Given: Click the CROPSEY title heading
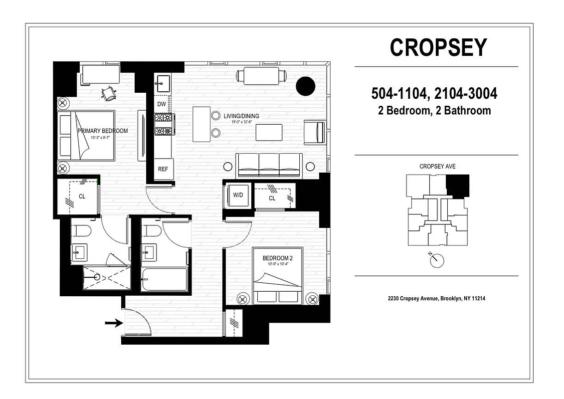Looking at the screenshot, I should click(438, 47).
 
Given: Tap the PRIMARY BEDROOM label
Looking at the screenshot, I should click(103, 131).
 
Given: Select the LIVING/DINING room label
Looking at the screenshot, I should click(241, 116).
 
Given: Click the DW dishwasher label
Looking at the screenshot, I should click(162, 104).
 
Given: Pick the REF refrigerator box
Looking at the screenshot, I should click(163, 169).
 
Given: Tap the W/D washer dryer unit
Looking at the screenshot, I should click(238, 195).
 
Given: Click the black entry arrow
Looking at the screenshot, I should click(113, 323).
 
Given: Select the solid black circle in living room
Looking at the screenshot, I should click(306, 86).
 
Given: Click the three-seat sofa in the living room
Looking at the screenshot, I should click(269, 165).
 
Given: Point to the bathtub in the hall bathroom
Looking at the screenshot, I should click(164, 281).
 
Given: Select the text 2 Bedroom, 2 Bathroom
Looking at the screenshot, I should click(434, 111).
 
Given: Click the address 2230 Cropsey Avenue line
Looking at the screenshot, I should click(436, 299).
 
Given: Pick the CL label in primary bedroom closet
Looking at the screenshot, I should click(82, 197).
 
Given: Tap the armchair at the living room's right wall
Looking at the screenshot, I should click(315, 132).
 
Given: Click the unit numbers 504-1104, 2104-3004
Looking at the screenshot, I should click(434, 94).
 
